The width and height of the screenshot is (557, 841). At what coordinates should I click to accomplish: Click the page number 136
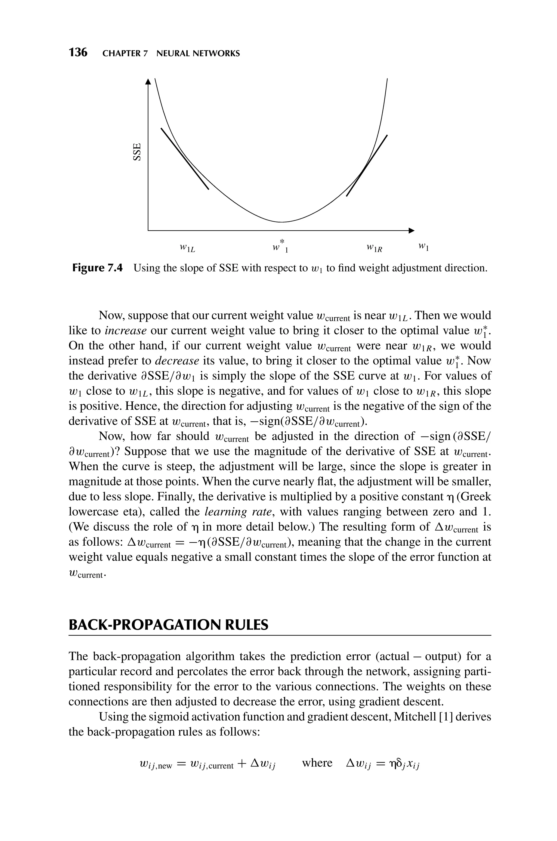tap(78, 52)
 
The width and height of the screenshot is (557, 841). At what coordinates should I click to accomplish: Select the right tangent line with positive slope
tap(367, 165)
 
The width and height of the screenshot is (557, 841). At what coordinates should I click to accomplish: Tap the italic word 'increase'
tap(126, 331)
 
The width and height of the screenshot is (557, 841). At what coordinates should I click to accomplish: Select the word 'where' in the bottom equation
tap(317, 763)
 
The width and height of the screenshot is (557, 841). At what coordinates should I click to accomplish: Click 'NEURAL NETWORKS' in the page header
tap(198, 54)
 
